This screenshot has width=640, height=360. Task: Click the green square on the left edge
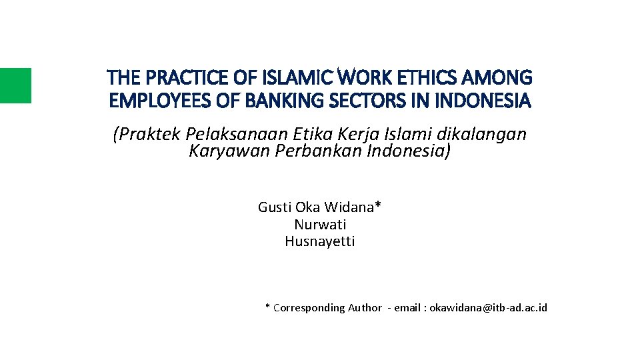15,85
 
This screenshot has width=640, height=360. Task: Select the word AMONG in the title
502,79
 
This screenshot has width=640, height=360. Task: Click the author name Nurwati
320,225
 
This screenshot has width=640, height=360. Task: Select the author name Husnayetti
320,241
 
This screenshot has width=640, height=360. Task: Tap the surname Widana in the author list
353,207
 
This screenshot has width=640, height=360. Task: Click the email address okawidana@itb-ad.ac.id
488,307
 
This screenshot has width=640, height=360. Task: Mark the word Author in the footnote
365,307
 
